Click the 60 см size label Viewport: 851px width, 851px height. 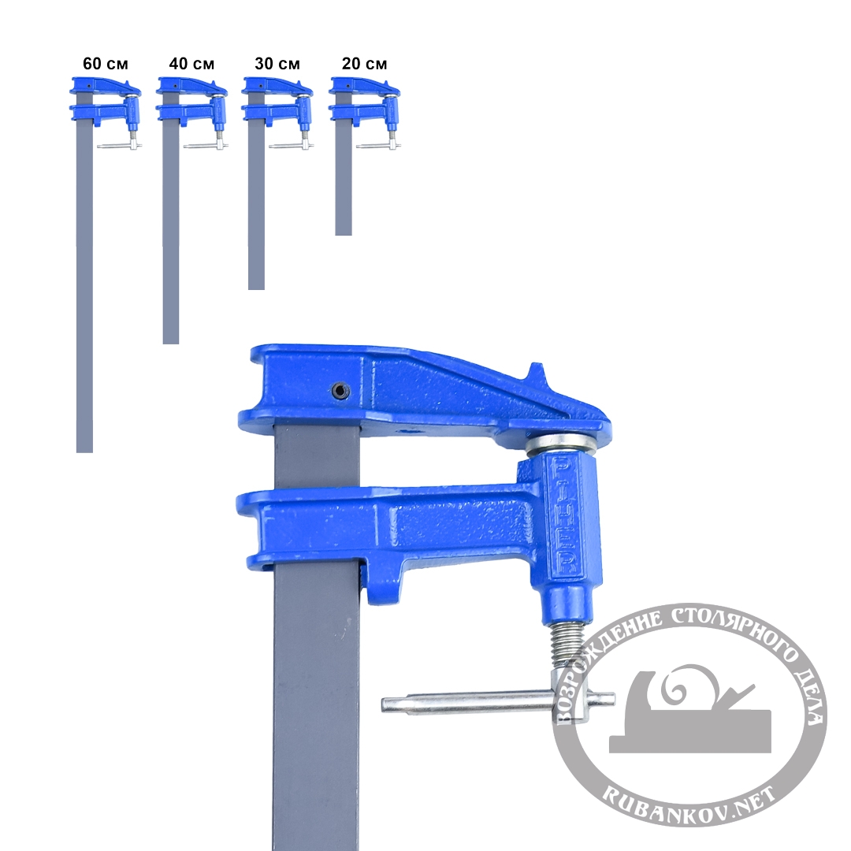106,64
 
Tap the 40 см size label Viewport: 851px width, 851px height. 191,64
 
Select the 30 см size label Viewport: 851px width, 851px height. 277,64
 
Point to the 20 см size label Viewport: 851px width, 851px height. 364,64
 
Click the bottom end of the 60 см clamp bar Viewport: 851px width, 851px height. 84,451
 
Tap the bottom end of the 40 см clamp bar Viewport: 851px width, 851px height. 170,343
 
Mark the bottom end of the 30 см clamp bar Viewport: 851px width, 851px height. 256,288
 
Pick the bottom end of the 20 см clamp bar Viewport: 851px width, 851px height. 343,234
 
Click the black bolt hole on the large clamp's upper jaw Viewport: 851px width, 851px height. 340,390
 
